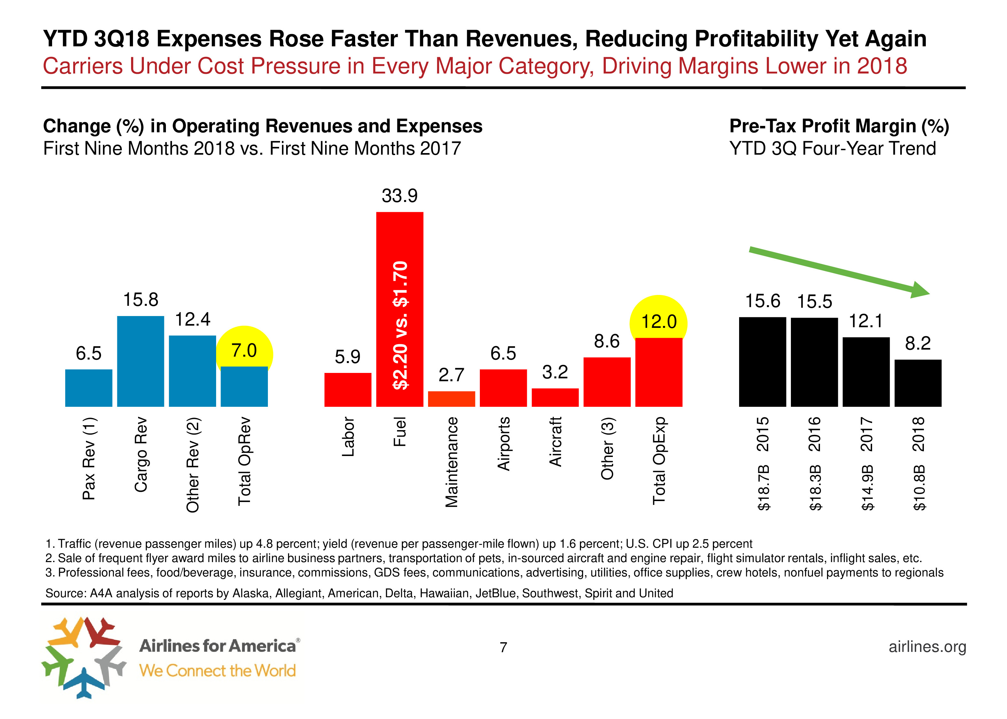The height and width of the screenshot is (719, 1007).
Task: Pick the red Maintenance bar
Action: click(451, 399)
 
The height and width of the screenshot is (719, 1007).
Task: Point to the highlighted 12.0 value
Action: click(659, 322)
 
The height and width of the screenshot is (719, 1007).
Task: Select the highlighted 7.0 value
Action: click(244, 351)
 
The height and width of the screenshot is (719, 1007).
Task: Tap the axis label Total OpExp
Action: click(659, 460)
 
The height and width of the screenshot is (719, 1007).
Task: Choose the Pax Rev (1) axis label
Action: click(89, 458)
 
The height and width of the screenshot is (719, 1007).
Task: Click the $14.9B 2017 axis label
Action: click(867, 463)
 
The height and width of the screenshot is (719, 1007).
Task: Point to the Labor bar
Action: click(347, 390)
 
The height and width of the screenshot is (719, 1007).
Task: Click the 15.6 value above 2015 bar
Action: click(762, 301)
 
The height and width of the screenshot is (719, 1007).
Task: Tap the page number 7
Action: click(503, 647)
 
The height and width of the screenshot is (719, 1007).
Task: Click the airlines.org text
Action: click(927, 647)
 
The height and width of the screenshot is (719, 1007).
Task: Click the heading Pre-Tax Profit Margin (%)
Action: click(839, 126)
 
